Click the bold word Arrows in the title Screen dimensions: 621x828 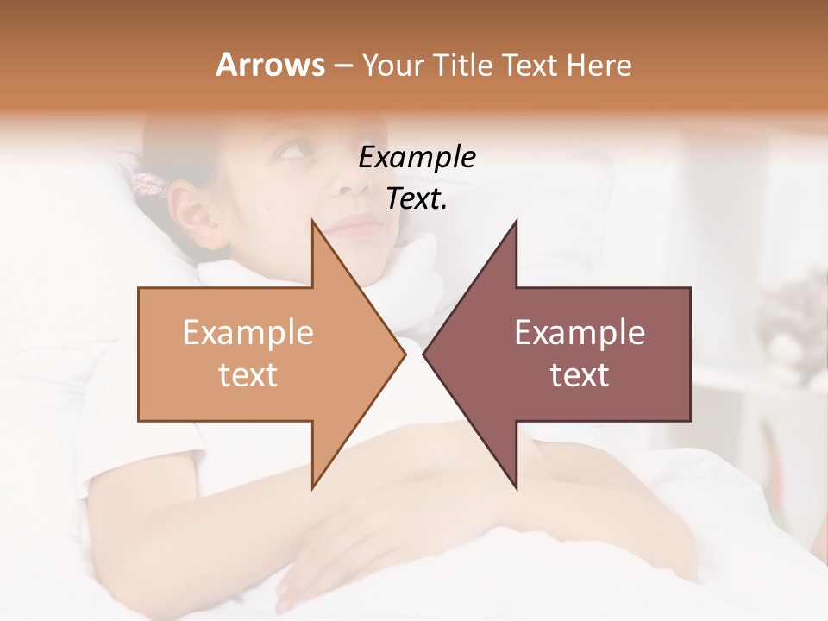(x=271, y=65)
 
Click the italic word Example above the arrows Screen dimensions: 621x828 (x=417, y=158)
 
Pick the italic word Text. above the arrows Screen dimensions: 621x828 (x=417, y=199)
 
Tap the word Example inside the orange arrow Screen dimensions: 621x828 (x=248, y=332)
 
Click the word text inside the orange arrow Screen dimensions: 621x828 (x=248, y=375)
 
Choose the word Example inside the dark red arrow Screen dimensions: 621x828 (x=580, y=332)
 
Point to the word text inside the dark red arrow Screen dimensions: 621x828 (x=580, y=375)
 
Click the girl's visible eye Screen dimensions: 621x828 (x=291, y=153)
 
